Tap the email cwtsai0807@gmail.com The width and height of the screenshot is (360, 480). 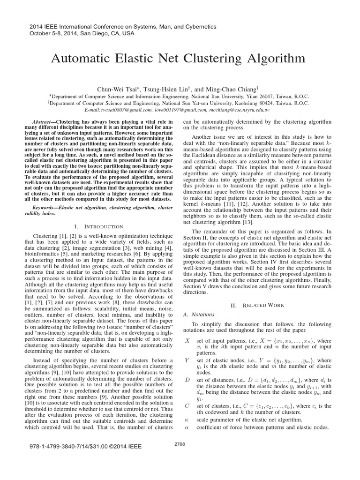point(115,110)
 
